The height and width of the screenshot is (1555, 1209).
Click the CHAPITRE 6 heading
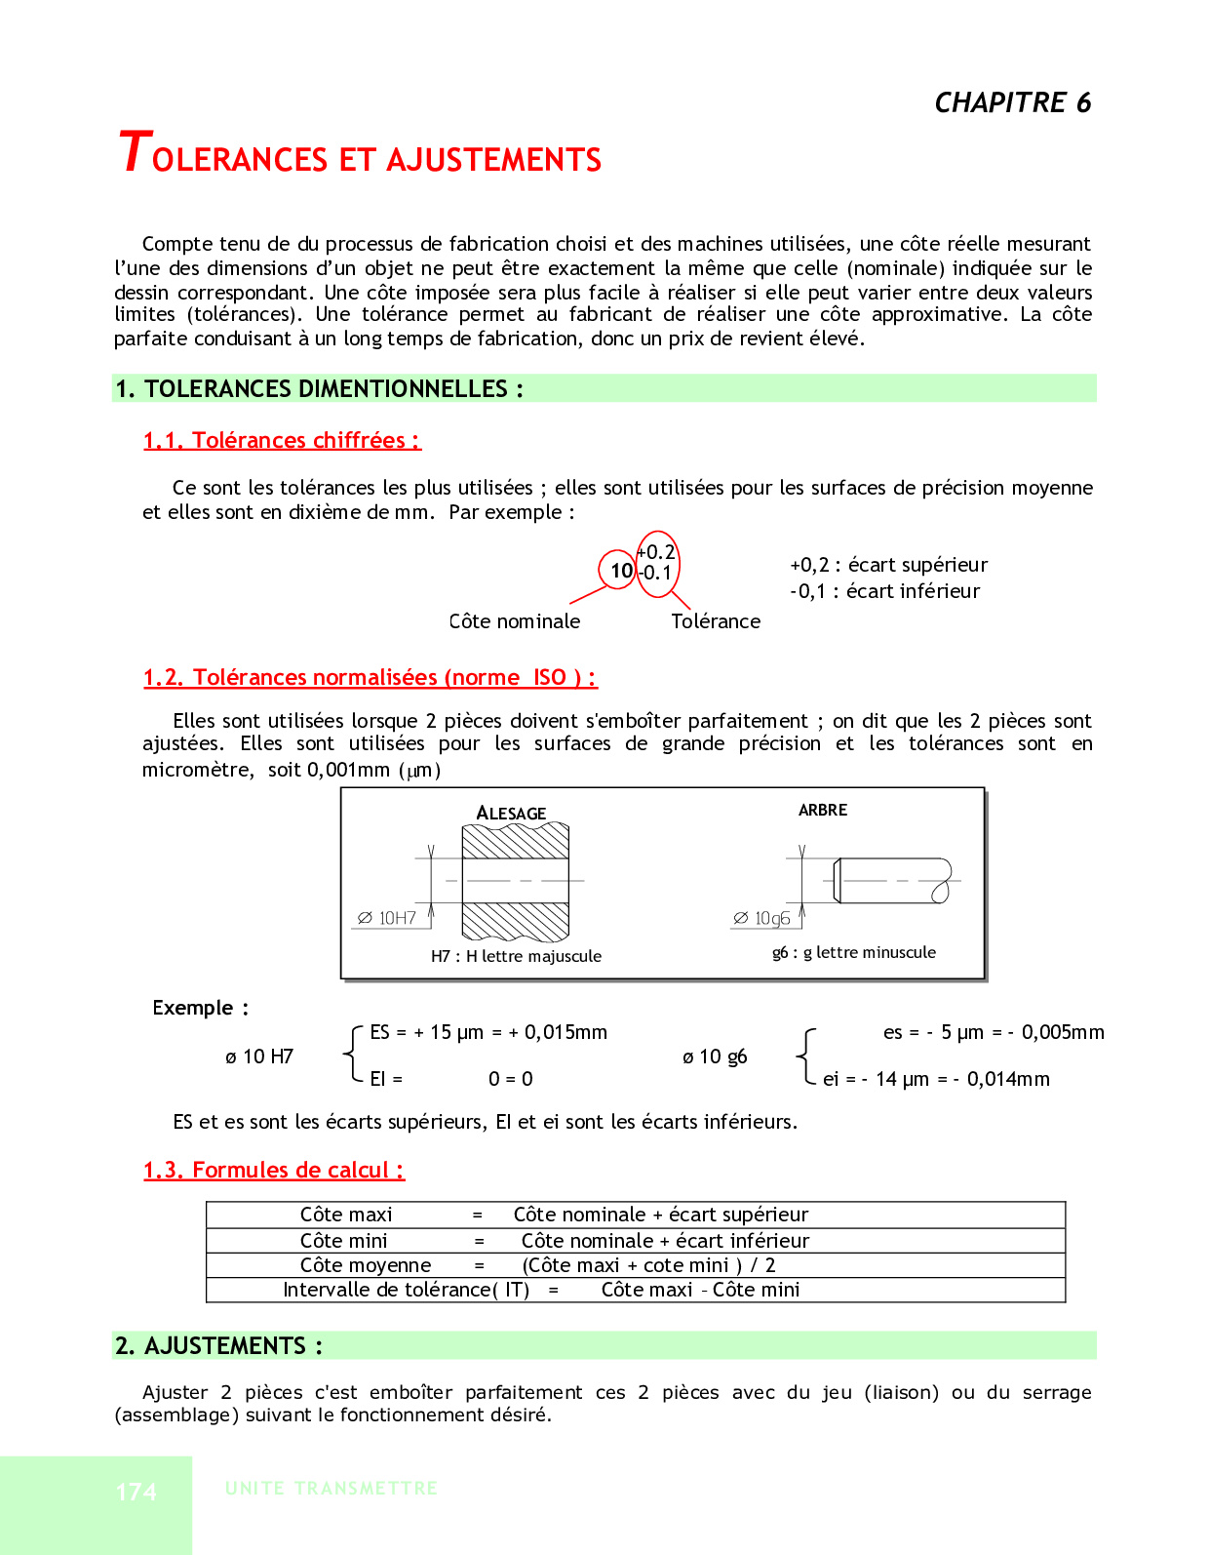click(x=1012, y=102)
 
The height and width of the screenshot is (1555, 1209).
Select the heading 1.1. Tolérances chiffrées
click(x=282, y=441)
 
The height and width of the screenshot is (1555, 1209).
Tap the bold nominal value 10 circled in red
click(x=621, y=570)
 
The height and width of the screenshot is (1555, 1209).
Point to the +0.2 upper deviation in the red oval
click(x=657, y=552)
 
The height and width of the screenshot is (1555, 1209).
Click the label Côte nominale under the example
click(x=514, y=621)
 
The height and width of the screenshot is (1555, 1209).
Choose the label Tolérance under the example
click(x=716, y=621)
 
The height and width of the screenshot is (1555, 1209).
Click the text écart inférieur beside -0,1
click(x=913, y=591)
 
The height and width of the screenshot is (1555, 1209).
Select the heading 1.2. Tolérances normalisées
click(x=370, y=678)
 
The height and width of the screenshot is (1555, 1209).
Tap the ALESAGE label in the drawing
click(x=511, y=813)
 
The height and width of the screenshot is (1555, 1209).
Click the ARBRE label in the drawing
click(x=823, y=810)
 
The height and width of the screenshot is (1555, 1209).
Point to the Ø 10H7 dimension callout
click(x=387, y=918)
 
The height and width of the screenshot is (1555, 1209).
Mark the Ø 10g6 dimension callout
click(x=761, y=918)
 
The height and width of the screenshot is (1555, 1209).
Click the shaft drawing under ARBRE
click(x=891, y=881)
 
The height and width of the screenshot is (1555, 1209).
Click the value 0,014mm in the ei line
click(x=1008, y=1079)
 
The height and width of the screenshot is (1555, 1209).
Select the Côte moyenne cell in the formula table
click(x=366, y=1265)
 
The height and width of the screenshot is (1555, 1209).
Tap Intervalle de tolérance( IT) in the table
click(x=406, y=1290)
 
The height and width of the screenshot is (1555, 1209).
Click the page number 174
click(x=136, y=1492)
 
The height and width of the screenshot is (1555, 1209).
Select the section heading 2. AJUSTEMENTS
click(x=218, y=1346)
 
